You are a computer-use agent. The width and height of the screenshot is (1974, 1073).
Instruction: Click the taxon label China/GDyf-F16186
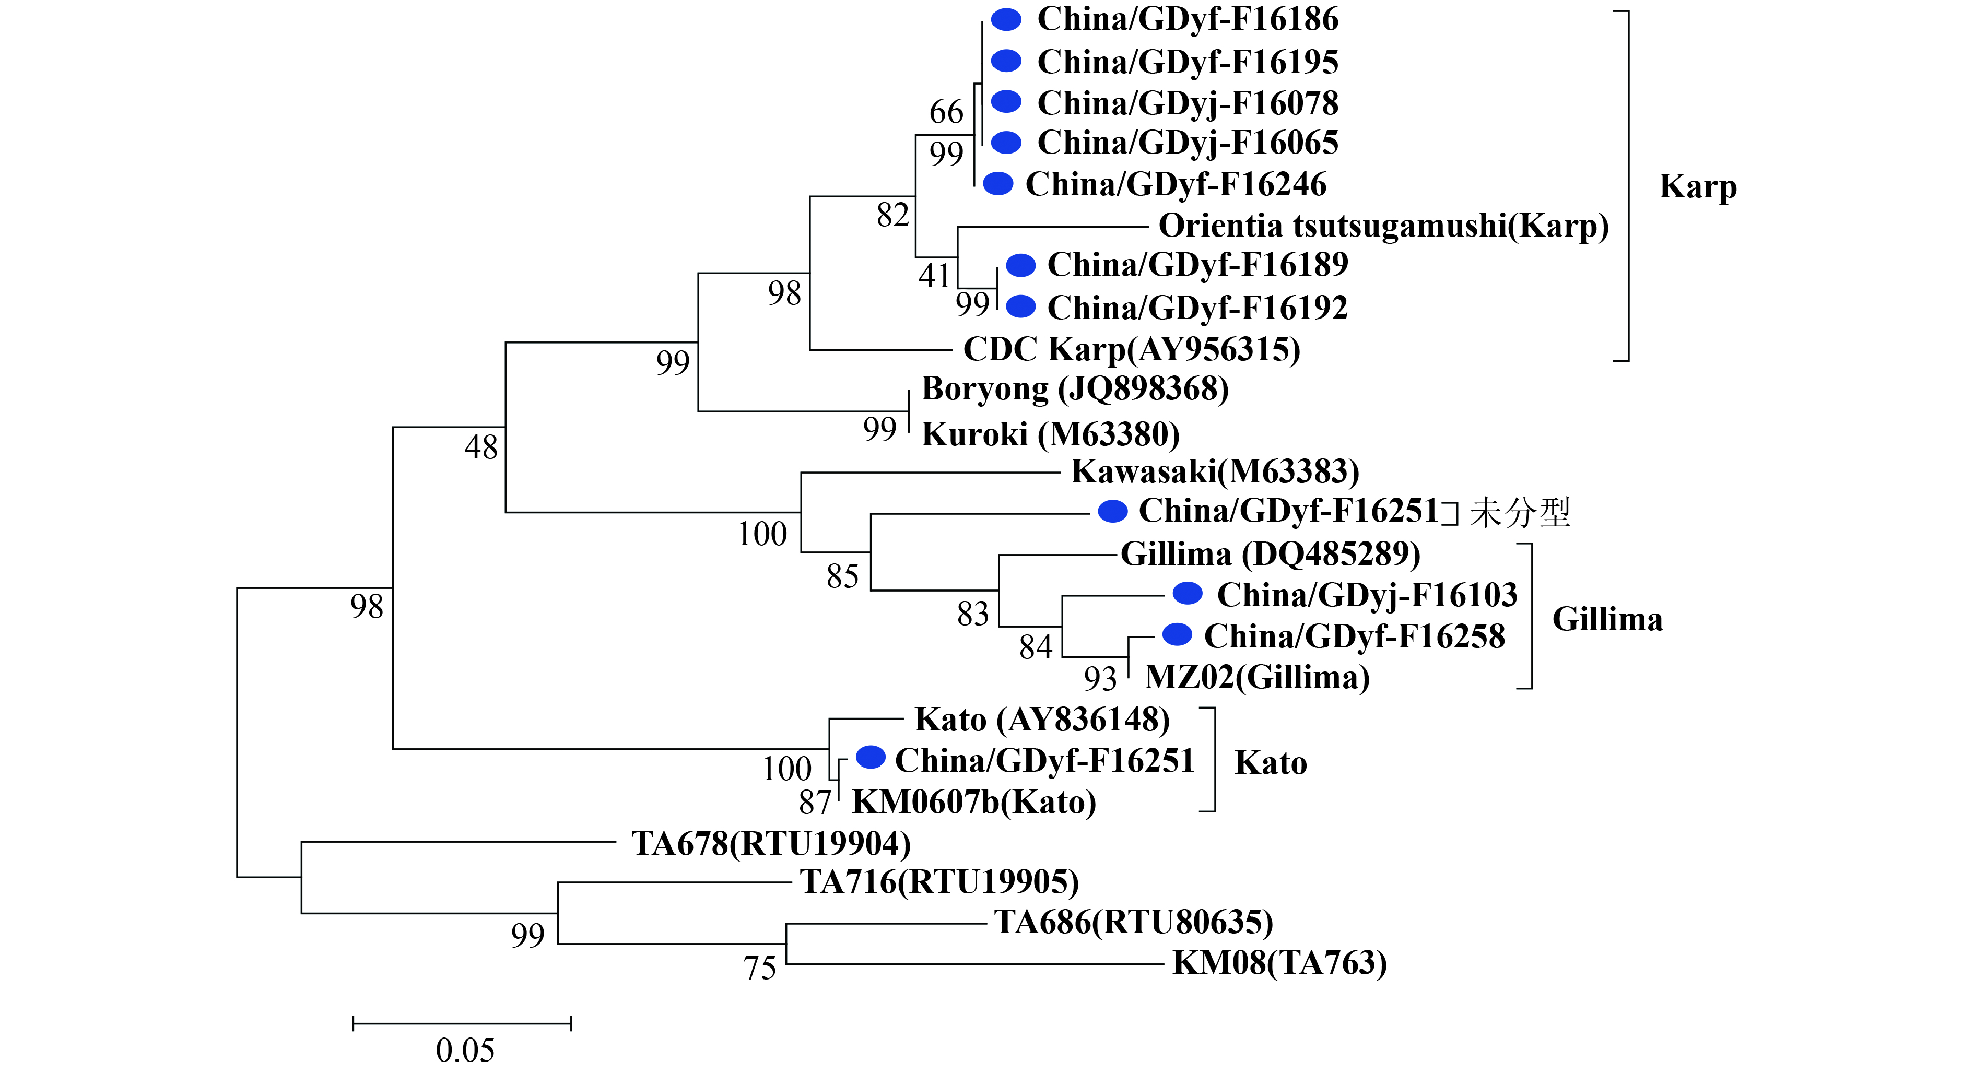click(x=1187, y=19)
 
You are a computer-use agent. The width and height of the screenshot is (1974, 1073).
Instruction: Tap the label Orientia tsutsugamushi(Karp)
click(x=1383, y=226)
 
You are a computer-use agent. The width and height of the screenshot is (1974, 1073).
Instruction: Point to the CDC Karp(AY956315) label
click(x=1132, y=349)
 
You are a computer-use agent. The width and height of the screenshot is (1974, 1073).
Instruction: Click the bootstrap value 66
click(x=946, y=112)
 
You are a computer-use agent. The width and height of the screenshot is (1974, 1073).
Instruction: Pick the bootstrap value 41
click(x=935, y=276)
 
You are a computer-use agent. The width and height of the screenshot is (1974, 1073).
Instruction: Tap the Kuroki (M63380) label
click(x=1050, y=434)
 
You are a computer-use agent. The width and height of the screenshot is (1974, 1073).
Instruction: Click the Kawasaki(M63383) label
click(x=1215, y=471)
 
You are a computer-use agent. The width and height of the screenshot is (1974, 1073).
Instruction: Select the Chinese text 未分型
click(x=1520, y=512)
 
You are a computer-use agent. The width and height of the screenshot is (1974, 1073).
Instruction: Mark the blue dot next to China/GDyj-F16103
click(x=1188, y=593)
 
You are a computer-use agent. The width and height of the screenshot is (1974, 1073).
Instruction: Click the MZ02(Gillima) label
click(x=1257, y=678)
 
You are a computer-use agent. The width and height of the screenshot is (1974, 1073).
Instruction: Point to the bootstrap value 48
click(x=481, y=447)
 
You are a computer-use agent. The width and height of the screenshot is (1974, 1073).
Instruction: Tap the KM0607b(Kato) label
click(x=974, y=803)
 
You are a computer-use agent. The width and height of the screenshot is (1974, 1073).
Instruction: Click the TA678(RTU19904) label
click(x=771, y=844)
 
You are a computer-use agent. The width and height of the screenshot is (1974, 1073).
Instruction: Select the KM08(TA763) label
click(x=1280, y=963)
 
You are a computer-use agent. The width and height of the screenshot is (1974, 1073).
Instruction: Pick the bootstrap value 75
click(x=759, y=968)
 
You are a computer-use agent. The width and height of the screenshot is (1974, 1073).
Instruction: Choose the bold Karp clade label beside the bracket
click(x=1697, y=187)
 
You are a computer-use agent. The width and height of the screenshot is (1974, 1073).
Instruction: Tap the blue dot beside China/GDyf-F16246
click(x=998, y=183)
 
